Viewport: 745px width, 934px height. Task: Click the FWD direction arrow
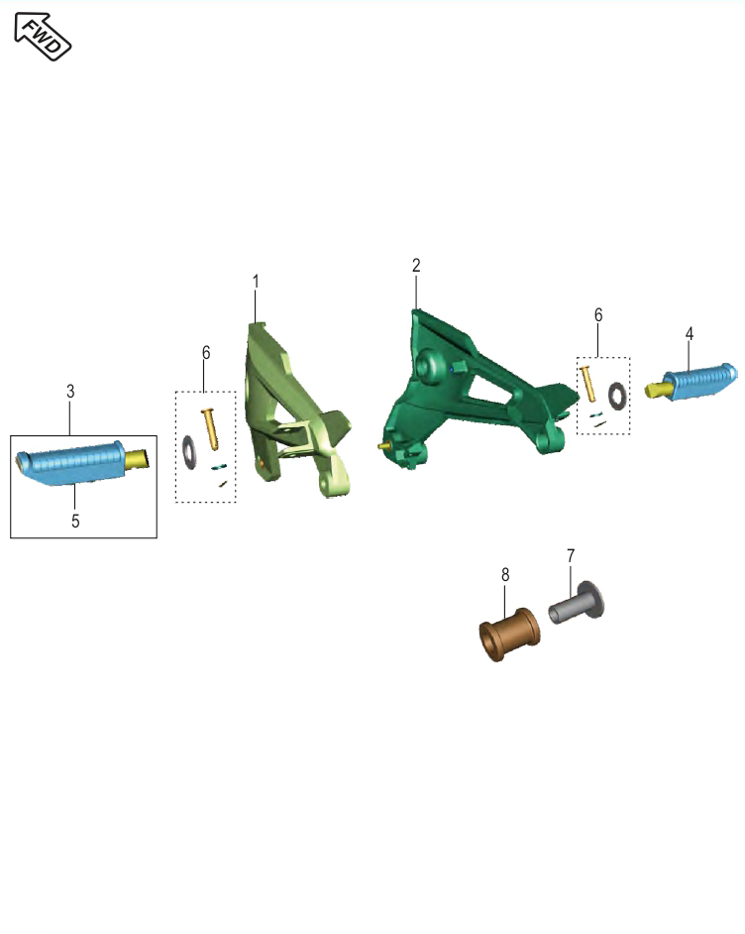click(43, 37)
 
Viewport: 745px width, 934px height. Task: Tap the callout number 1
click(256, 282)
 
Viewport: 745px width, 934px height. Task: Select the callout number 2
click(416, 265)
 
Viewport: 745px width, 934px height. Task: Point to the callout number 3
click(70, 392)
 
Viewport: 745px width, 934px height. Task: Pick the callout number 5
click(75, 521)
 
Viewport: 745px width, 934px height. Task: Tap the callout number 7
click(571, 555)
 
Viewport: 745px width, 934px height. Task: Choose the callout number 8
click(505, 574)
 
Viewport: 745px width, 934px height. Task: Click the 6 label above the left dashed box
click(206, 353)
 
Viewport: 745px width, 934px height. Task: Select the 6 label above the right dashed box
click(598, 315)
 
